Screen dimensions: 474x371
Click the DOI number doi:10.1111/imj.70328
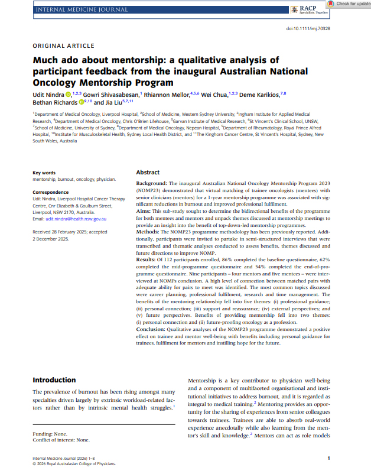click(308, 28)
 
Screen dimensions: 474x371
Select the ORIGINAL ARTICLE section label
click(63, 46)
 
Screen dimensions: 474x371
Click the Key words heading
click(45, 173)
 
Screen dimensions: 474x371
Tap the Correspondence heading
click(53, 193)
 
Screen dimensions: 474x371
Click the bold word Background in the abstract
click(151, 184)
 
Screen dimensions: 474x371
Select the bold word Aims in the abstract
click(145, 210)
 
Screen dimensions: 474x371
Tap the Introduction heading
click(54, 380)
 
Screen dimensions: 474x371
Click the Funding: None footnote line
click(50, 434)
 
